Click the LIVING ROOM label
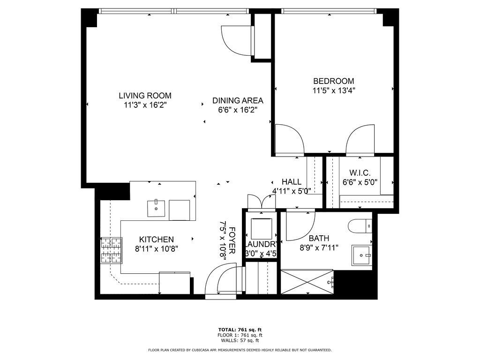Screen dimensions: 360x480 (x=145, y=96)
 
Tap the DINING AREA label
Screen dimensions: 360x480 (x=238, y=100)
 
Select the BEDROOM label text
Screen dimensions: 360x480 (x=334, y=81)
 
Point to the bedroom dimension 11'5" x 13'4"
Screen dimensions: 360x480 (x=334, y=90)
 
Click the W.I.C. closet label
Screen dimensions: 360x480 (x=360, y=173)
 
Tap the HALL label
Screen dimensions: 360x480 (x=292, y=182)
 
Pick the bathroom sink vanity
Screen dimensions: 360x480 (x=362, y=255)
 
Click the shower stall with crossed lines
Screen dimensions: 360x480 (x=307, y=282)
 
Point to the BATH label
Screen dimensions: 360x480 (x=319, y=238)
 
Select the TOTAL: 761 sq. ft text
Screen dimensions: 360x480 (x=240, y=330)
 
